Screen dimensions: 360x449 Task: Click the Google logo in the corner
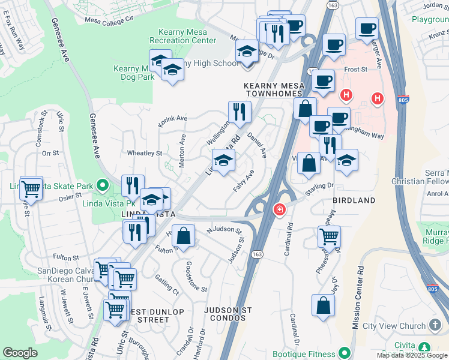point(20,353)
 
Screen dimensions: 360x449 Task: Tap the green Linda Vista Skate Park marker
point(102,186)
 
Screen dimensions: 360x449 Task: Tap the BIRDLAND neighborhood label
point(354,200)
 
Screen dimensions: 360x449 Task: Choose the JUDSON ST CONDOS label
point(228,310)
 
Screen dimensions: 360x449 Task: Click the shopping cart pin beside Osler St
point(31,189)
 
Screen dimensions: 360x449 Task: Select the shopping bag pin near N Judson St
point(185,235)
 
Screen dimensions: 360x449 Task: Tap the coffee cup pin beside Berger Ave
point(367,28)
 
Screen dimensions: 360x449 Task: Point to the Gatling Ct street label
point(166,283)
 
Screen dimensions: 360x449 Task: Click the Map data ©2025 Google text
point(412,355)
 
